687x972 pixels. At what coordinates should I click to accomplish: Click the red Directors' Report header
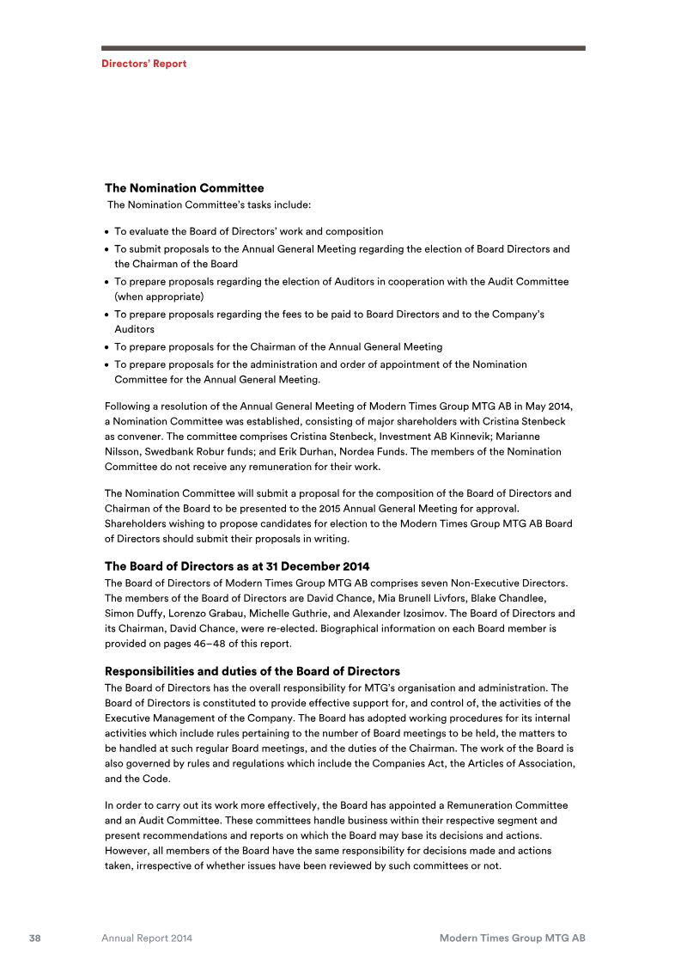pyautogui.click(x=143, y=64)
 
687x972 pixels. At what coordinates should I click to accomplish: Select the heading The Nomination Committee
pyautogui.click(x=184, y=187)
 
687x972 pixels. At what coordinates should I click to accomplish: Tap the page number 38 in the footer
pyautogui.click(x=35, y=938)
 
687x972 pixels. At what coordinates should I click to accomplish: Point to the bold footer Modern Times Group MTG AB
pyautogui.click(x=512, y=938)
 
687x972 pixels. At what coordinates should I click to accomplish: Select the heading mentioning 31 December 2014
pyautogui.click(x=237, y=566)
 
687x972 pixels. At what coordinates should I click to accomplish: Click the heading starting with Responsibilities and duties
pyautogui.click(x=252, y=670)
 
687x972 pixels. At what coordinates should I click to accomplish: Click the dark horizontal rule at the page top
pyautogui.click(x=343, y=48)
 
